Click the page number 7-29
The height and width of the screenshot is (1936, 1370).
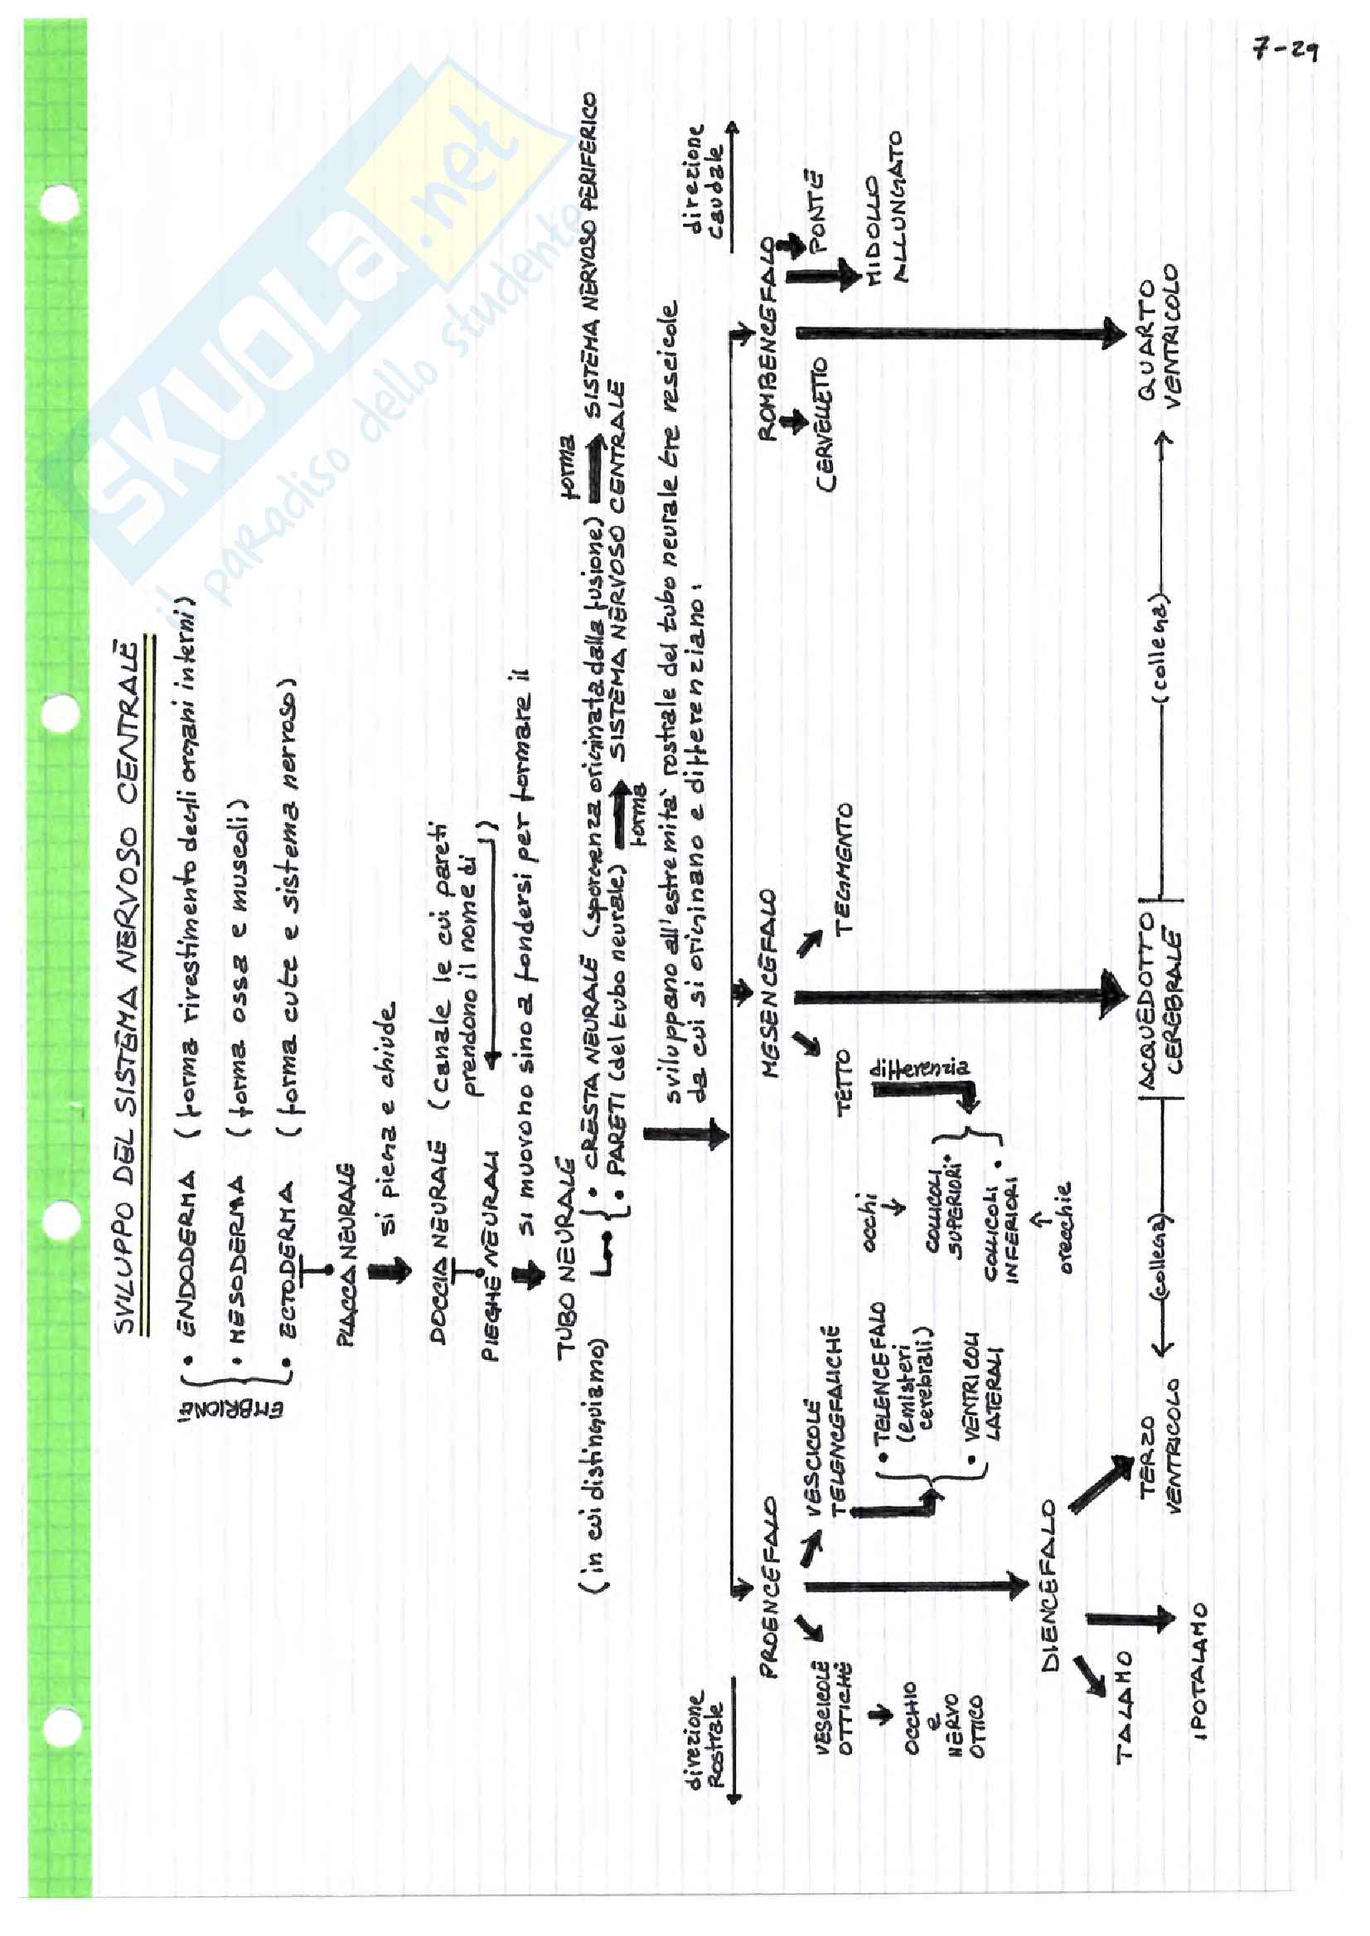pyautogui.click(x=1285, y=51)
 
